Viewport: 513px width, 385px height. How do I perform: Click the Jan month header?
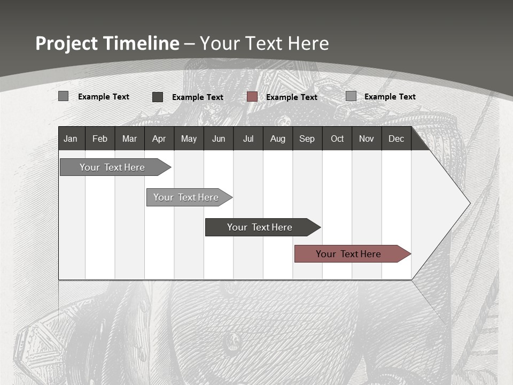click(x=71, y=138)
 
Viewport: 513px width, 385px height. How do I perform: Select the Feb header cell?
click(x=100, y=138)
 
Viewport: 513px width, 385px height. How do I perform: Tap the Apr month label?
click(x=159, y=138)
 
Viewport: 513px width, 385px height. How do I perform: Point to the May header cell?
click(x=189, y=138)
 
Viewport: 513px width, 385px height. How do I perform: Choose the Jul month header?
click(x=248, y=138)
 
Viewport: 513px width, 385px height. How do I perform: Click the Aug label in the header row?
click(x=277, y=138)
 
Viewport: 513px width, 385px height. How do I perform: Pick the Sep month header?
click(x=307, y=138)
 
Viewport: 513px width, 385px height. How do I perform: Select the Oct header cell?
click(x=337, y=138)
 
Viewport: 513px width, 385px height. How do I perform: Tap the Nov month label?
click(x=367, y=138)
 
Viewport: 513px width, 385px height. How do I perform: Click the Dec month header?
click(x=396, y=138)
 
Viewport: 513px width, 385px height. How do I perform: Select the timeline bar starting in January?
click(x=112, y=167)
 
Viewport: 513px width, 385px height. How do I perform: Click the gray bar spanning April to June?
click(x=186, y=197)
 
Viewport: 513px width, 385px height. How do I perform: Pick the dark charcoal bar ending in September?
click(x=260, y=227)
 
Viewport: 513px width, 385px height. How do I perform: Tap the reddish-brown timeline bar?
click(x=349, y=254)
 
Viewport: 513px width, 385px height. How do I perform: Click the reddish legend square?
click(x=252, y=96)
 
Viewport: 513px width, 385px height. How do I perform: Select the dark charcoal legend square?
click(x=158, y=96)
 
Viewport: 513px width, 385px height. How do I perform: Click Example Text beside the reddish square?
click(x=292, y=97)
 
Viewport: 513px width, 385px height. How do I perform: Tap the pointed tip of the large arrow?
click(x=468, y=203)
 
